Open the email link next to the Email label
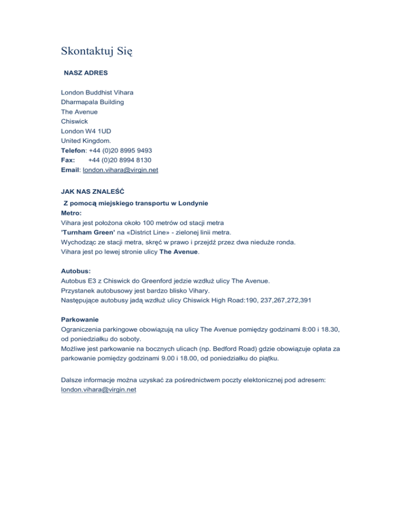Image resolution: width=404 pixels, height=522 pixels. (120, 170)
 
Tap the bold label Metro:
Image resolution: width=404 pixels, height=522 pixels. (73, 213)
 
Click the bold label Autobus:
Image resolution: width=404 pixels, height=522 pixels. (76, 272)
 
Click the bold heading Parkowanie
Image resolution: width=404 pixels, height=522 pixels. (80, 319)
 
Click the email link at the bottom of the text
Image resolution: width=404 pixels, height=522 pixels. (98, 390)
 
